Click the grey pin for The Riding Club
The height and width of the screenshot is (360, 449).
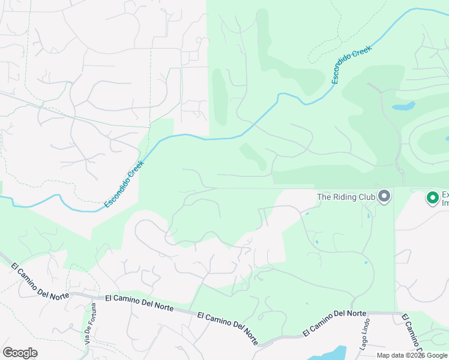point(385,196)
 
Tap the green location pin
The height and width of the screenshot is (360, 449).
point(432,197)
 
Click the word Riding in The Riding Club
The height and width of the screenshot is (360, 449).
point(348,197)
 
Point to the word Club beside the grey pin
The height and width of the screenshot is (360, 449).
point(367,197)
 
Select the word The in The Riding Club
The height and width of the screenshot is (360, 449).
point(325,197)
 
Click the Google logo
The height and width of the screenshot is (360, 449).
point(20,353)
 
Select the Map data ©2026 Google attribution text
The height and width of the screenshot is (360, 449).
point(412,355)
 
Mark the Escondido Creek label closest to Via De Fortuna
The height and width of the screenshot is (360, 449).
point(125,184)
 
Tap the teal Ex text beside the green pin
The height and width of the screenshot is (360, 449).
point(445,194)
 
